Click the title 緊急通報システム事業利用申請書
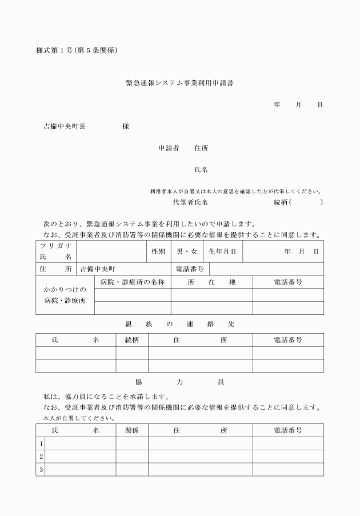(179, 83)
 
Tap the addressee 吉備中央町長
(65, 126)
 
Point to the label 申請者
(169, 148)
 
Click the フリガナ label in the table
(55, 245)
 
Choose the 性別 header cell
(158, 251)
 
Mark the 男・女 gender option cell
(187, 251)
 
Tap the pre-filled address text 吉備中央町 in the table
(98, 269)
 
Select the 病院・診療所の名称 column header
(133, 282)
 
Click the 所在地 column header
(211, 282)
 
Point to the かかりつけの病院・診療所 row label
(65, 295)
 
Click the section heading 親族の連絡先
(179, 324)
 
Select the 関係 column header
(132, 430)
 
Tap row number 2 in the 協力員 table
(41, 457)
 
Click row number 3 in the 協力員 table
(41, 470)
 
